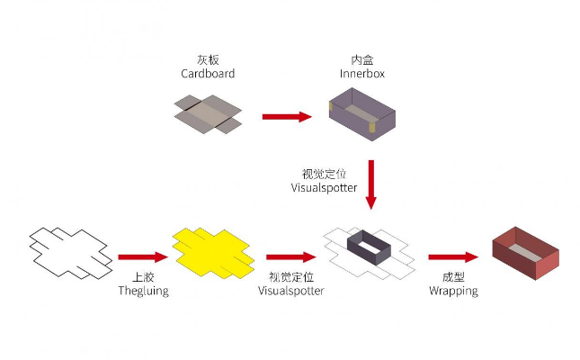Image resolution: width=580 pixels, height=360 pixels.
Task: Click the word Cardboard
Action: [x=208, y=74]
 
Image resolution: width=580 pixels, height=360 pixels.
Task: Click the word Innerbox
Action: [x=362, y=74]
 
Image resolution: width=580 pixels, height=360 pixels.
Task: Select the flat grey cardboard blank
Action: [x=208, y=115]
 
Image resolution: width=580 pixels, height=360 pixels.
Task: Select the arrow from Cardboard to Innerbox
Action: [x=287, y=116]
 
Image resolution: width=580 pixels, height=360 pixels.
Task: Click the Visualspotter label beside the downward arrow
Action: [x=324, y=188]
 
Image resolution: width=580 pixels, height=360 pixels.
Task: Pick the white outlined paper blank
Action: [x=69, y=249]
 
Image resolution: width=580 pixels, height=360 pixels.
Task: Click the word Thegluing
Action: [x=144, y=291]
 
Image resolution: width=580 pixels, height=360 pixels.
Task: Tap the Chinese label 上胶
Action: [x=144, y=277]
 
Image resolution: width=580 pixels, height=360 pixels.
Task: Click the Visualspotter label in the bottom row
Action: [x=290, y=291]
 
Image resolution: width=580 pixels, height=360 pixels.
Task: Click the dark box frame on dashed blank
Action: [x=367, y=248]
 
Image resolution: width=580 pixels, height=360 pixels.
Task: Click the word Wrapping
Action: [x=453, y=291]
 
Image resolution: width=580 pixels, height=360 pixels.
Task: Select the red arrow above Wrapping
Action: [x=452, y=256]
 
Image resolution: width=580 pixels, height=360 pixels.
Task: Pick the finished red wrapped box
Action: [x=525, y=250]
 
